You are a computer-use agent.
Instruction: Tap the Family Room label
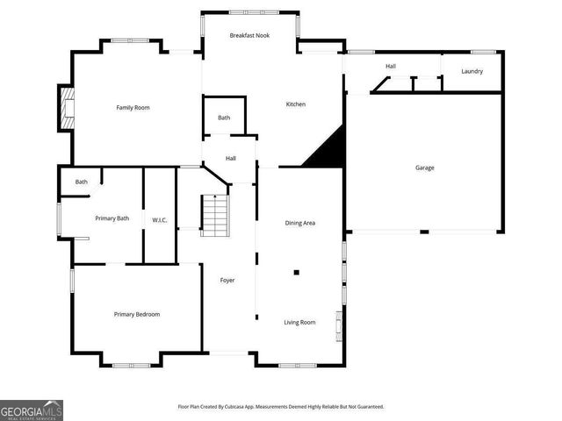[133, 107]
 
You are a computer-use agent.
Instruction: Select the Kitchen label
[296, 104]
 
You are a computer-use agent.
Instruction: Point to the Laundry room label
[472, 71]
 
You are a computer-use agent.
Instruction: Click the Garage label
[424, 168]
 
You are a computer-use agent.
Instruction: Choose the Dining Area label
[300, 223]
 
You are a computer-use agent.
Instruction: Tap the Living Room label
[299, 322]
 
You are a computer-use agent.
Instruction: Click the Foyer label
[226, 280]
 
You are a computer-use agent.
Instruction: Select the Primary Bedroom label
[137, 314]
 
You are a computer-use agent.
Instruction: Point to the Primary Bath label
[112, 218]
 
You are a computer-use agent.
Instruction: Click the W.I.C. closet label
[160, 219]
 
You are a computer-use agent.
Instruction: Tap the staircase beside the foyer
[214, 216]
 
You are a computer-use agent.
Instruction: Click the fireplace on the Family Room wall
[66, 108]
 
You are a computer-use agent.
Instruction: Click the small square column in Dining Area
[297, 273]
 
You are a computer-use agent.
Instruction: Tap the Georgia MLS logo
[32, 410]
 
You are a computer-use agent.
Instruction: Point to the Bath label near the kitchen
[224, 118]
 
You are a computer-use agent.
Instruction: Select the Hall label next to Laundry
[390, 66]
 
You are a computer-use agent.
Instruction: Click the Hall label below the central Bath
[230, 159]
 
